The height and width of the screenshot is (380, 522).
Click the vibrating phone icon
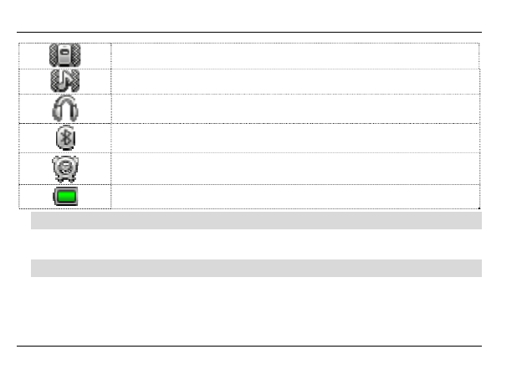coord(64,55)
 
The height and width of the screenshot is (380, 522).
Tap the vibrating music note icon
coord(64,81)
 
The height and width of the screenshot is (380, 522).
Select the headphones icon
coord(64,109)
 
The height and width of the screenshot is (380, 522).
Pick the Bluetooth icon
coord(64,138)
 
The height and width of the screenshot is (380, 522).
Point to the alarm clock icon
coord(64,168)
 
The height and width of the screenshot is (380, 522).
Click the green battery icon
coord(64,197)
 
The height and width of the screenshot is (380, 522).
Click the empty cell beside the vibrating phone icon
coord(294,55)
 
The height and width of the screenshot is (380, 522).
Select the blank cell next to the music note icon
coord(294,81)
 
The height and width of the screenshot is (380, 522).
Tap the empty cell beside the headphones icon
coord(294,109)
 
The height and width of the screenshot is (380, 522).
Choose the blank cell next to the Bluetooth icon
coord(294,138)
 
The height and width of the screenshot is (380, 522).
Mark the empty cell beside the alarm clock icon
coord(294,168)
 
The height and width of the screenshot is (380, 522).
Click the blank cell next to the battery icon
coord(294,197)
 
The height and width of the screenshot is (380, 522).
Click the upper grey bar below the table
coord(256,221)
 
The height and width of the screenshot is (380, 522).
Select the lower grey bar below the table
coord(256,268)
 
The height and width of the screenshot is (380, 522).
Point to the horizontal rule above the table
coord(251,33)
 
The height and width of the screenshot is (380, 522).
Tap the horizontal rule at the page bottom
coord(251,345)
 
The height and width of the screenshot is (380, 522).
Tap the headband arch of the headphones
coord(64,100)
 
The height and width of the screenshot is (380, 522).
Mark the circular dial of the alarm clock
coord(64,167)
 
